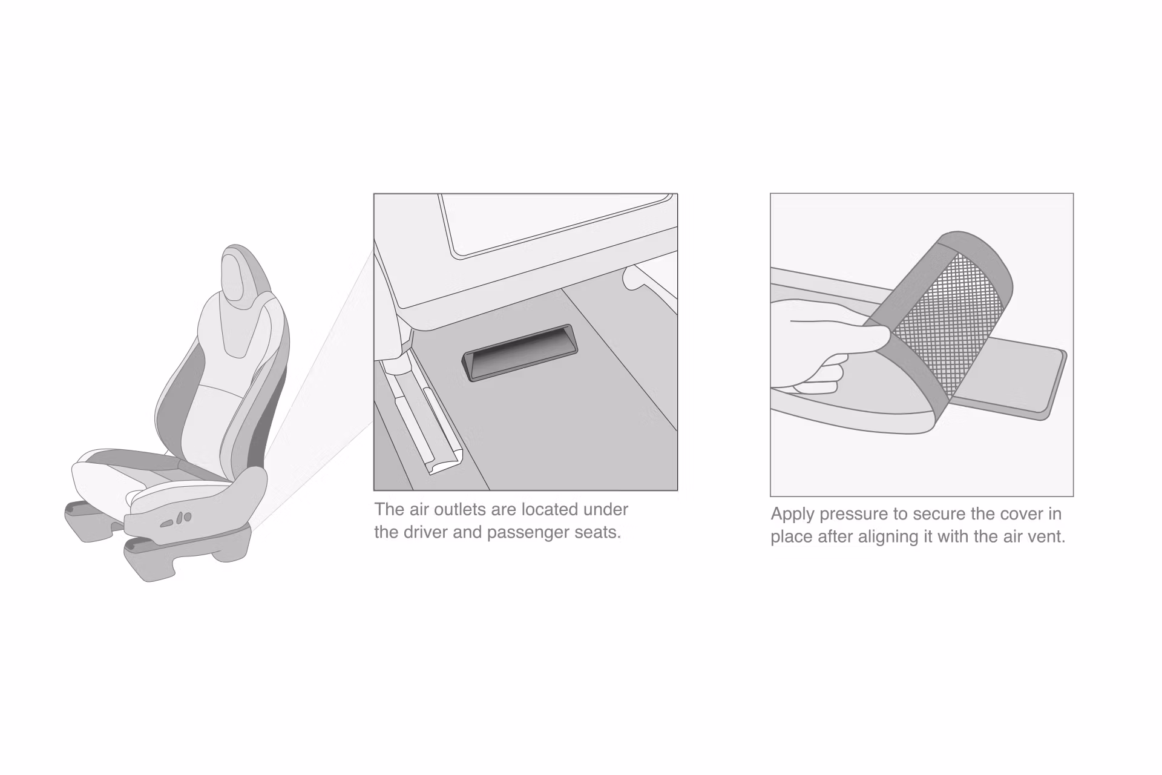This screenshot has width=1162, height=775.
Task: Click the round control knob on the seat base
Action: point(187,516)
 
